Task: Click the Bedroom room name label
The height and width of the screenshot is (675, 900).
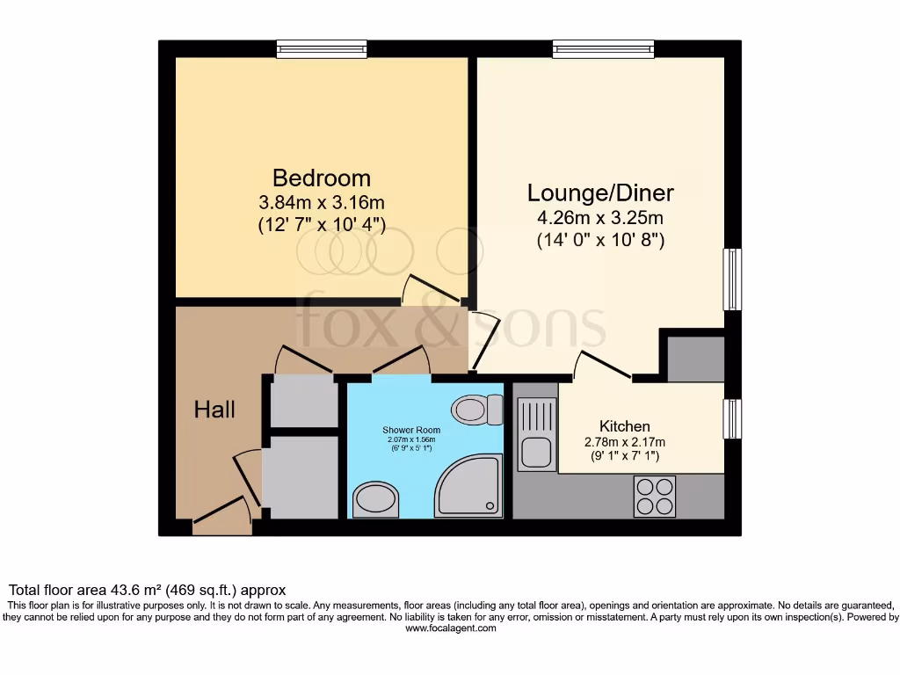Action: pos(322,178)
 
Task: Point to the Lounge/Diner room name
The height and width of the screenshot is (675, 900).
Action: pos(600,192)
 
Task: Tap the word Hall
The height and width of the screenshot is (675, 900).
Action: pos(214,409)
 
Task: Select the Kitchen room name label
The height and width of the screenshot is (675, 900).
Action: pos(625,425)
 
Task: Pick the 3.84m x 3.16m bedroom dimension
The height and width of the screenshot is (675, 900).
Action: pos(322,203)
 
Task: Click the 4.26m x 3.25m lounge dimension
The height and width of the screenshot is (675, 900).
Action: pos(600,218)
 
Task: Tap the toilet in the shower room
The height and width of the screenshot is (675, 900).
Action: pos(475,409)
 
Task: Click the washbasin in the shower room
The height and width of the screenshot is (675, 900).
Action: pos(375,500)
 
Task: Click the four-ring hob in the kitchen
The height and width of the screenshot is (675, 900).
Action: pos(655,496)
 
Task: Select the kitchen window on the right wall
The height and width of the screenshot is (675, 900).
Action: pos(731,419)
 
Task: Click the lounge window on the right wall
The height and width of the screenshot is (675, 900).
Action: pos(731,279)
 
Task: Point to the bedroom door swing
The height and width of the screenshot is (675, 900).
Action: pos(430,290)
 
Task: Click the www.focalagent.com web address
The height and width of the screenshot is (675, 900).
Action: pos(448,629)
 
